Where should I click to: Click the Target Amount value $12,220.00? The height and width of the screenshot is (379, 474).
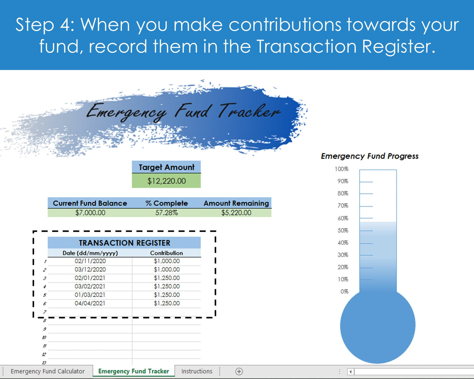pos(166,181)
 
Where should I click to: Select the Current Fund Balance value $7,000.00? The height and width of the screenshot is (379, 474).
pos(90,213)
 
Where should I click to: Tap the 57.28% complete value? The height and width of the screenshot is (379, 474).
pos(166,213)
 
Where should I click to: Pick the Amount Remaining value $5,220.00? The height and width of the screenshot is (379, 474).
pos(236,213)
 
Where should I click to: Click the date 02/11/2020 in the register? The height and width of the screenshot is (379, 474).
pos(90,261)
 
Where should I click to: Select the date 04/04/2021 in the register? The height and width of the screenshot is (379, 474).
pos(90,303)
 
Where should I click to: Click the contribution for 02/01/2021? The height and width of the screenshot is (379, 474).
pos(167,278)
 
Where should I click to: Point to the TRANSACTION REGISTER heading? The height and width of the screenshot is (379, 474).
pos(124,243)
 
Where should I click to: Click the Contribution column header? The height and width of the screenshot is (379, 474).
pos(166,253)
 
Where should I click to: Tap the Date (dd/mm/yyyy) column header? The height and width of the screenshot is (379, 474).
pos(90,253)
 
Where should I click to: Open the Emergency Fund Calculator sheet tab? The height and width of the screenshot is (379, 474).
pos(48,371)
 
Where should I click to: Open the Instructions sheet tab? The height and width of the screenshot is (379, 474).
pos(197,371)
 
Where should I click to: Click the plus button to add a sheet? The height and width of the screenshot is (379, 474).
pos(239,371)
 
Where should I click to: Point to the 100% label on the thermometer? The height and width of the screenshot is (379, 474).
pos(341,169)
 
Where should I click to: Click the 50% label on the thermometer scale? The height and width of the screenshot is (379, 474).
pos(343,230)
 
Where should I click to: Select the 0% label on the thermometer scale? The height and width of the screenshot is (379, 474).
pos(344,291)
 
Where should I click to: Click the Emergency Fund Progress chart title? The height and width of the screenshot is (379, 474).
pos(370,156)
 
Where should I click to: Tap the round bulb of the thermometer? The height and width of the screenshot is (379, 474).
pos(378,326)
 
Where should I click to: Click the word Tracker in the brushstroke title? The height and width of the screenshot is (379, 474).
pos(249,111)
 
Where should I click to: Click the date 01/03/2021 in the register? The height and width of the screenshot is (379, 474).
pos(90,295)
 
